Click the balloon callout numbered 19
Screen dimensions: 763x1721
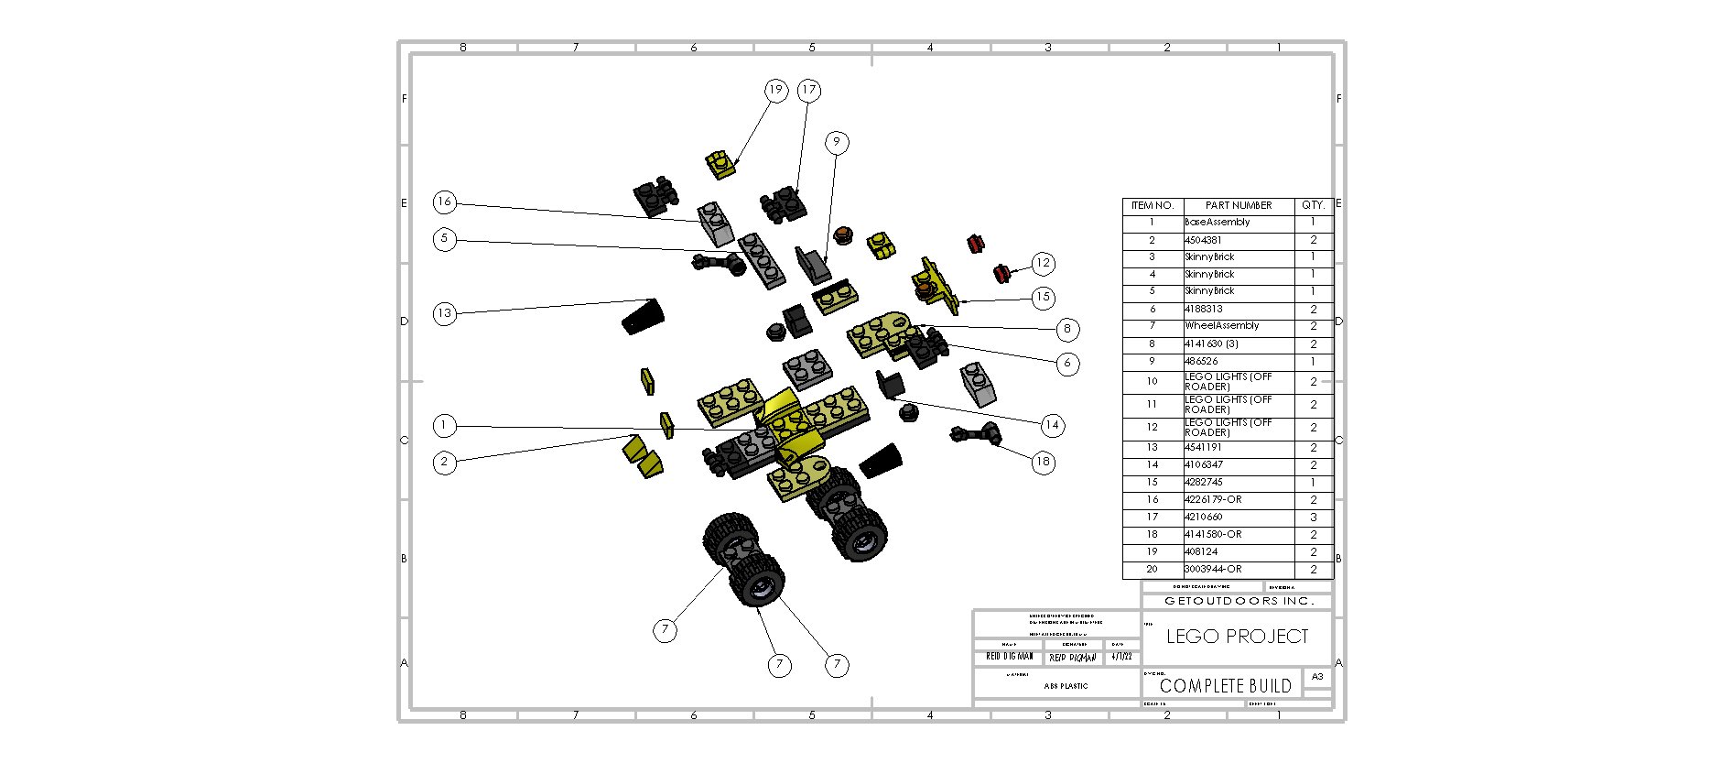tap(776, 90)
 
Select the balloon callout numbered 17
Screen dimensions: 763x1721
tap(808, 90)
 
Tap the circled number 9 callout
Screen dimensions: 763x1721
tap(836, 142)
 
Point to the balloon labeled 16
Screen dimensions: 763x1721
tap(445, 202)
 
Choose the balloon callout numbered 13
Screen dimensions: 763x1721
tap(445, 312)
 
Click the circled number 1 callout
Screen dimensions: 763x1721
tap(445, 425)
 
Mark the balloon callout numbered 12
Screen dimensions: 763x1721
tap(1043, 263)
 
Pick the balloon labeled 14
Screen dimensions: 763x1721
tap(1052, 424)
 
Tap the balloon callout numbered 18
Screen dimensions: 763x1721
tap(1043, 462)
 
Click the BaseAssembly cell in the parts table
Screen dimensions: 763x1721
tap(1217, 223)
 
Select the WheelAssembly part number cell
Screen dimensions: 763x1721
tap(1221, 326)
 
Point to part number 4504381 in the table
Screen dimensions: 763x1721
tap(1203, 240)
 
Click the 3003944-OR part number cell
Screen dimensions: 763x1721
tap(1213, 569)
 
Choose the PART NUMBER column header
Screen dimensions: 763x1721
tap(1238, 205)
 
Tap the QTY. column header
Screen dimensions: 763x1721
tap(1313, 205)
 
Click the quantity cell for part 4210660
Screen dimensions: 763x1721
tap(1313, 517)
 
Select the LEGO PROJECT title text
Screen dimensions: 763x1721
tap(1237, 637)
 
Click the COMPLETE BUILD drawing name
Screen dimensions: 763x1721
tap(1225, 685)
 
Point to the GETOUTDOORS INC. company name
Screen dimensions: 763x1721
tap(1238, 601)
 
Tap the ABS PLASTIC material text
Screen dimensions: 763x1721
tap(1066, 685)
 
